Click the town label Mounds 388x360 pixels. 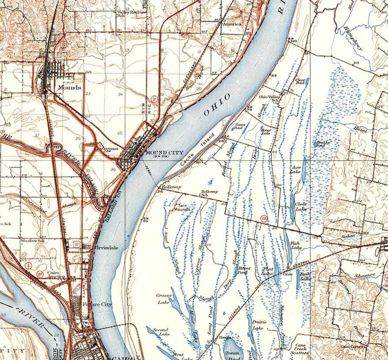point(69,87)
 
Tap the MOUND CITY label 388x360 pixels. point(164,153)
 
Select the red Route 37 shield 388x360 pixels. point(154,99)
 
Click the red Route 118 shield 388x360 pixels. point(263,218)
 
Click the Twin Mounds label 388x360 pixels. point(182,208)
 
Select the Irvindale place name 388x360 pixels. point(107,248)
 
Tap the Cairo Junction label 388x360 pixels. point(56,275)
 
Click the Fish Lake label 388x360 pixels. point(295,246)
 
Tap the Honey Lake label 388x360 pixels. point(265,131)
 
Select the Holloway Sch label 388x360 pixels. point(210,193)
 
